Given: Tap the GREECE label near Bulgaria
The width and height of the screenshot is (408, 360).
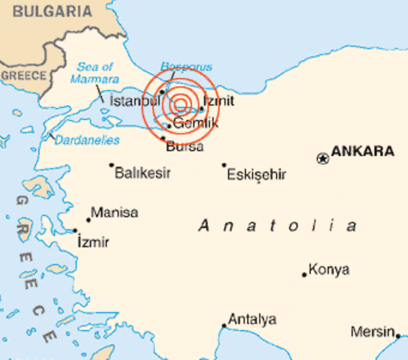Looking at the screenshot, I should (x=23, y=76).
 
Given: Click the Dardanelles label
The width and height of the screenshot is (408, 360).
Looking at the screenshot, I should (x=87, y=140).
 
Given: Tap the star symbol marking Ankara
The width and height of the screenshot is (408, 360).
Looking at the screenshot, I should (x=322, y=158).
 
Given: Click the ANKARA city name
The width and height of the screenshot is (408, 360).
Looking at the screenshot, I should (x=362, y=151).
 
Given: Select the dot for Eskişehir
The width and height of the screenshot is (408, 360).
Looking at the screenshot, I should (x=223, y=165).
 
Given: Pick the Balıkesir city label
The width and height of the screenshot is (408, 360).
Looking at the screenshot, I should (x=142, y=173).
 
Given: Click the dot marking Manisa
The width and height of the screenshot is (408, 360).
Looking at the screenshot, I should (x=88, y=219).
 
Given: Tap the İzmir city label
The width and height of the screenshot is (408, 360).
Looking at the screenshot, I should (x=93, y=242).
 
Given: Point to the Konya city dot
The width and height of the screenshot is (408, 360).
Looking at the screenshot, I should (x=304, y=274).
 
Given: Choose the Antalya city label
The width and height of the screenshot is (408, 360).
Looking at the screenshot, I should (x=252, y=319).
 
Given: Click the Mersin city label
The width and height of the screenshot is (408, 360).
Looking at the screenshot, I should (x=373, y=332).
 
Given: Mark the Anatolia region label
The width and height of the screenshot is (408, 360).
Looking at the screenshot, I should (x=278, y=226).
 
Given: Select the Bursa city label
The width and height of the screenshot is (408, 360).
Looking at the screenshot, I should (x=184, y=146).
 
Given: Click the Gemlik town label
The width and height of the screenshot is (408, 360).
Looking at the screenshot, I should (x=195, y=124).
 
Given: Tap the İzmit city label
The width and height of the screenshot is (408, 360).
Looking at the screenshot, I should (x=218, y=100).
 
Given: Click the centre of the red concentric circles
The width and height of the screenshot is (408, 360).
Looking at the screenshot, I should (x=181, y=106).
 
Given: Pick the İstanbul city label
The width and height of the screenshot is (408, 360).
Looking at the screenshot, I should (x=135, y=100).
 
